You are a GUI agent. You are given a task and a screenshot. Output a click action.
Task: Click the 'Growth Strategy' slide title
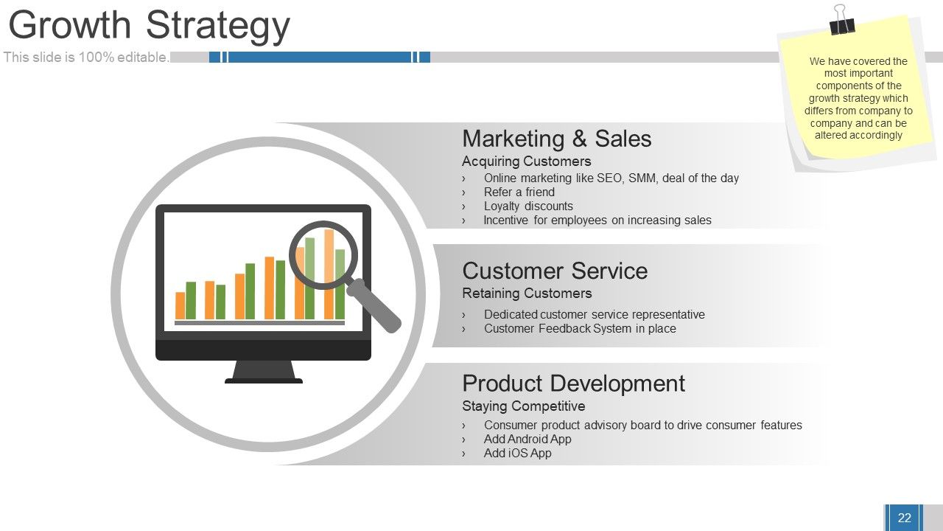[149, 25]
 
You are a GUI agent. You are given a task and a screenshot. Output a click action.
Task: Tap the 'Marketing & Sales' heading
[556, 139]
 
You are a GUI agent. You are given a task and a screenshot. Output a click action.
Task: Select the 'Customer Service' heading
[555, 271]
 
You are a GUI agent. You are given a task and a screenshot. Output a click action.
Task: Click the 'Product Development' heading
[573, 384]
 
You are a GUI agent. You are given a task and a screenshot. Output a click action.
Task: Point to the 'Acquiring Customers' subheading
[526, 161]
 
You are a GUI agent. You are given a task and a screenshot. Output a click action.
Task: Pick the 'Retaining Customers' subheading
[527, 293]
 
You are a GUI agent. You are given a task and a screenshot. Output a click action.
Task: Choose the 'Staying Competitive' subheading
[523, 406]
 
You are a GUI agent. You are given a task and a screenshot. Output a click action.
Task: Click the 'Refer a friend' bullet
[519, 192]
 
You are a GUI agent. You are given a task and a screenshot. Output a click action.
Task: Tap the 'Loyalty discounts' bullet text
[528, 206]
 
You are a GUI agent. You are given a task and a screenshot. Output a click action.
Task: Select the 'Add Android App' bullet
[527, 439]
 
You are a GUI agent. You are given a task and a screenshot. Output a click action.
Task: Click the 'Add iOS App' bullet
[517, 453]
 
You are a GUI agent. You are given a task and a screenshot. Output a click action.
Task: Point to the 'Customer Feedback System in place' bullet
[580, 329]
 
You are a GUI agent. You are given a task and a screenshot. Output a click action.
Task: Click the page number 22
[904, 518]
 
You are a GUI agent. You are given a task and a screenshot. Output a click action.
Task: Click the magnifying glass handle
[374, 305]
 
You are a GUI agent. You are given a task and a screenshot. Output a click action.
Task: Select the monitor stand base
[264, 381]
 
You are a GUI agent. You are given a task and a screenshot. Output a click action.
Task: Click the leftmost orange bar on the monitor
[180, 305]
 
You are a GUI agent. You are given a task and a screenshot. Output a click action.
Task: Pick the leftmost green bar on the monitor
[191, 300]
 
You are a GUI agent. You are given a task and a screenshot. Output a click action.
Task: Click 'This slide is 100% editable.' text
[86, 58]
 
